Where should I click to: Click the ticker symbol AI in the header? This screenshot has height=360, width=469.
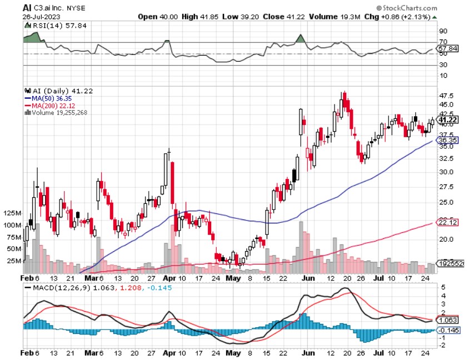coord(27,8)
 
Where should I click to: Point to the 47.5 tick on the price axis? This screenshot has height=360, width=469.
coord(446,95)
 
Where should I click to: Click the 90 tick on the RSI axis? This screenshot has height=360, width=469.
coord(443,32)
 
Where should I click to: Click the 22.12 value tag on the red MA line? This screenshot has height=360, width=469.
coord(447,223)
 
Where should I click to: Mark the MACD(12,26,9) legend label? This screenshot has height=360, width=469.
coord(55,288)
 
